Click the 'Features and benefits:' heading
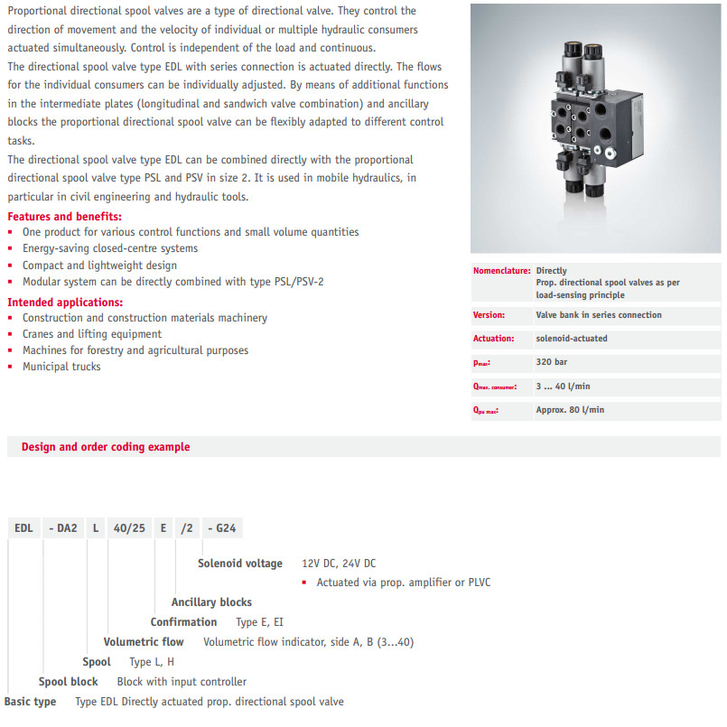(64, 217)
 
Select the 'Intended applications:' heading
(65, 303)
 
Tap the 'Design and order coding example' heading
(106, 447)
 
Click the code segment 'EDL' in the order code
(23, 528)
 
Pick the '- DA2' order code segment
(62, 528)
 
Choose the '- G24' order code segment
(223, 528)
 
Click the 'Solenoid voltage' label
(240, 564)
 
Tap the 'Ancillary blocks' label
(211, 602)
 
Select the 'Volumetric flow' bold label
(144, 642)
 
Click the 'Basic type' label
(31, 702)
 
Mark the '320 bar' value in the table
(552, 362)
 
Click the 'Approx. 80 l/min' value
(571, 409)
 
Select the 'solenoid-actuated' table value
(572, 339)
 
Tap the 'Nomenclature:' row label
(501, 271)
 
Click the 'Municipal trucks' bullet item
(61, 367)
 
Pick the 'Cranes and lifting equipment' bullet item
(92, 334)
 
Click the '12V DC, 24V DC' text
(339, 564)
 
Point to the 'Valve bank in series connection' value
(599, 315)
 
